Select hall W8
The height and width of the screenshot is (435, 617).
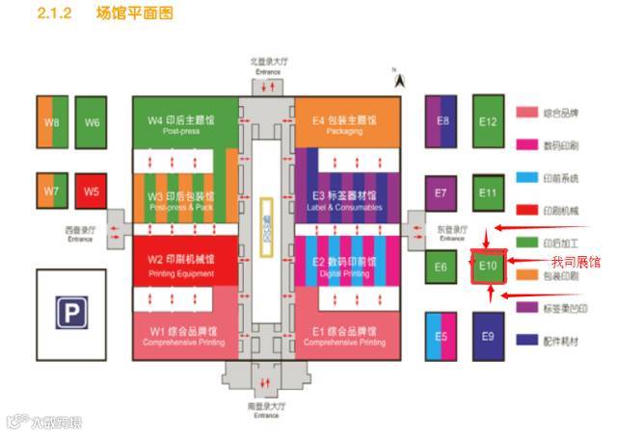(51, 122)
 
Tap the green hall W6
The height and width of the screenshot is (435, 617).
(92, 122)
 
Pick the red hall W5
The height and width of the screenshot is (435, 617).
(91, 191)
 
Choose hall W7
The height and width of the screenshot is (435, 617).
(51, 191)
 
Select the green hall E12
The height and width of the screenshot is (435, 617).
(488, 122)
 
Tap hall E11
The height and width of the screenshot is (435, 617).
(488, 193)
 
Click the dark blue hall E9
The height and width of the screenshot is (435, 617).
(488, 336)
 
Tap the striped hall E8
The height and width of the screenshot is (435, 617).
(443, 122)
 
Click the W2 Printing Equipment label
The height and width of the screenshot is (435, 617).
(181, 266)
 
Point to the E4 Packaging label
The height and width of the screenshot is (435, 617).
(344, 125)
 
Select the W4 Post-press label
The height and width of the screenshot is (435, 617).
(181, 125)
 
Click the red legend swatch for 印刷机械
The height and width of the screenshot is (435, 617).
(526, 209)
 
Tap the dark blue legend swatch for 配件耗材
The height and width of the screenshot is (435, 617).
(526, 340)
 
